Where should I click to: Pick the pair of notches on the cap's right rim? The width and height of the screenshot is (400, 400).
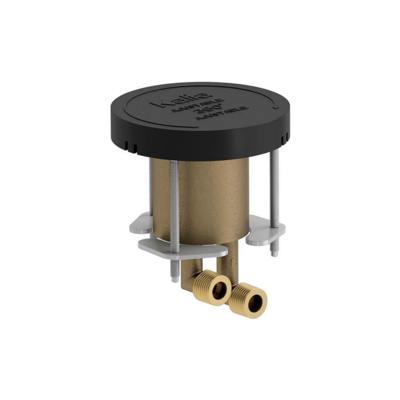(x=285, y=138)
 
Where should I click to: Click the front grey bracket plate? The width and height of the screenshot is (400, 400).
(x=188, y=248)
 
